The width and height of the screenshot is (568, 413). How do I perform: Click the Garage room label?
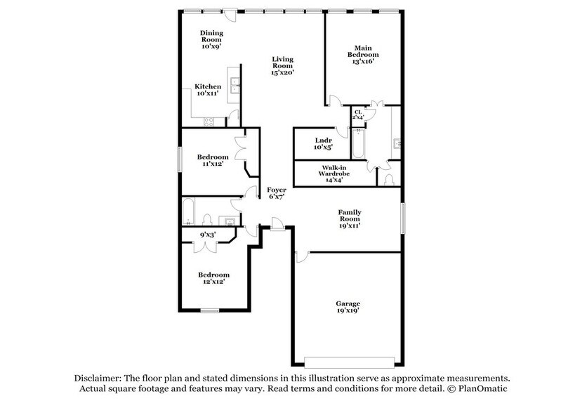coord(348,303)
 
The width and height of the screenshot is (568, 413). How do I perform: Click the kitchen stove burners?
coord(209,121)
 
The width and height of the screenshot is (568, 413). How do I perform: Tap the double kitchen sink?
coord(235,88)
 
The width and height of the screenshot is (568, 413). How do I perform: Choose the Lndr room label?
coord(324,140)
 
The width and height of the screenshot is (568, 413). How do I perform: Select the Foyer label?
coord(275,190)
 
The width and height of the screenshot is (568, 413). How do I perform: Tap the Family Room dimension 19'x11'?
coord(349,225)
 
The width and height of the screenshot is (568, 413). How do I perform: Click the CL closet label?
coord(357,112)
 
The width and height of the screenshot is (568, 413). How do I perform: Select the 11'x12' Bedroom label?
coord(211,156)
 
